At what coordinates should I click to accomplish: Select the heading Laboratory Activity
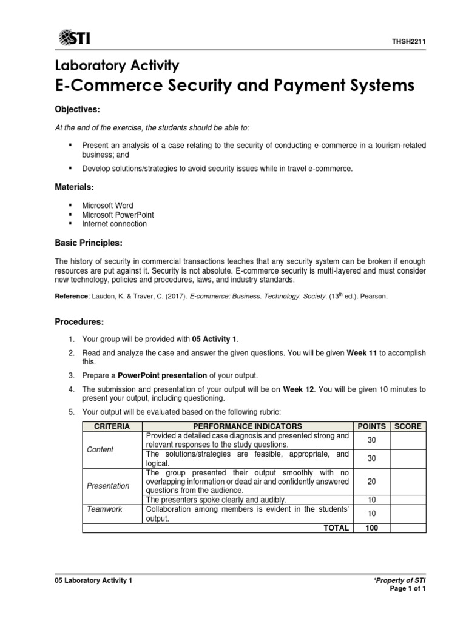[116, 65]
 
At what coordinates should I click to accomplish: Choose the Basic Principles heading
[89, 243]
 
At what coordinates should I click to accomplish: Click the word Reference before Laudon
[72, 297]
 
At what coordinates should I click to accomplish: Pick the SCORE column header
[408, 426]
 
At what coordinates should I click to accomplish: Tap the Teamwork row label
[104, 509]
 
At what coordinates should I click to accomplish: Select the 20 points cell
[371, 481]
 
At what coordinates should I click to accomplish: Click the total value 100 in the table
[371, 528]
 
